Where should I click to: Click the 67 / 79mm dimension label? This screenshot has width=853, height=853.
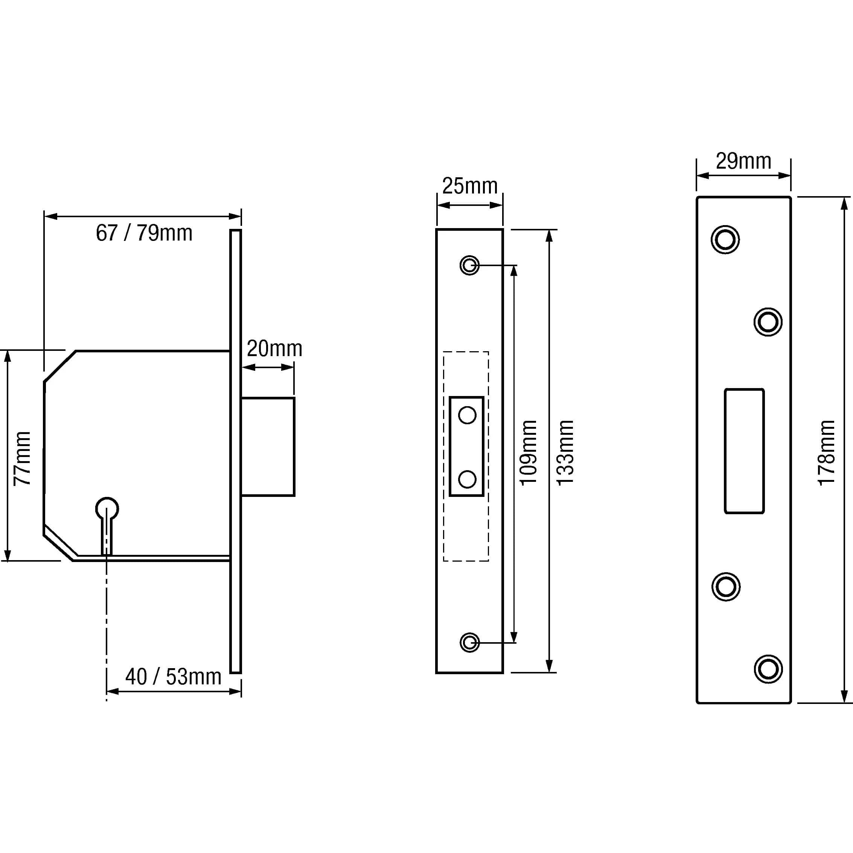pyautogui.click(x=144, y=233)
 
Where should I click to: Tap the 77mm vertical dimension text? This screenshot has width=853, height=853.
pyautogui.click(x=22, y=458)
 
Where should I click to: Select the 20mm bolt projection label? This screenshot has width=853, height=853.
pyautogui.click(x=274, y=349)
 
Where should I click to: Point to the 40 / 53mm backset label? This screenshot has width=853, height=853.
pyautogui.click(x=173, y=677)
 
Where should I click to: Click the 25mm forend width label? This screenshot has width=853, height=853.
pyautogui.click(x=470, y=186)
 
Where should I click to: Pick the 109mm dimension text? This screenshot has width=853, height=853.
pyautogui.click(x=528, y=453)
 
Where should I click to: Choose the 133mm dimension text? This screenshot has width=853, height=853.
pyautogui.click(x=565, y=453)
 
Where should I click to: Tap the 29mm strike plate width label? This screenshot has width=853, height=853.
pyautogui.click(x=743, y=161)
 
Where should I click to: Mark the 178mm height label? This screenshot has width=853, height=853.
pyautogui.click(x=826, y=453)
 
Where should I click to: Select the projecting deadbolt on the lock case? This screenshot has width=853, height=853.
pyautogui.click(x=268, y=446)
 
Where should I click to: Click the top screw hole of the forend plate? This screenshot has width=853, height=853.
pyautogui.click(x=469, y=265)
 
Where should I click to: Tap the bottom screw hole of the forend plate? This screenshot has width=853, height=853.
pyautogui.click(x=469, y=643)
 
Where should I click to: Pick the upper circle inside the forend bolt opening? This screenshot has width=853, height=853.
pyautogui.click(x=467, y=416)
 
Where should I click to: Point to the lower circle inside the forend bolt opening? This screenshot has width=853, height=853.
pyautogui.click(x=467, y=479)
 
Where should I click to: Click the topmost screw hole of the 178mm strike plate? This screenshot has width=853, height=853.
pyautogui.click(x=725, y=240)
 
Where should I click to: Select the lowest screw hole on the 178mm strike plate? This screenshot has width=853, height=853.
pyautogui.click(x=768, y=669)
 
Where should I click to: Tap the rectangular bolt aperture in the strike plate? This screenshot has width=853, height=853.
pyautogui.click(x=744, y=451)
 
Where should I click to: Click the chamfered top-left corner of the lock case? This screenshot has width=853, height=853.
pyautogui.click(x=59, y=366)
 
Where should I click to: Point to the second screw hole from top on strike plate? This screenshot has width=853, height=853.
pyautogui.click(x=768, y=322)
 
